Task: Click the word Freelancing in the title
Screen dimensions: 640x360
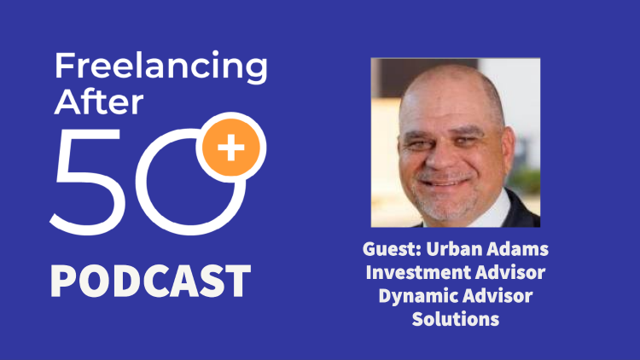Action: tap(160, 67)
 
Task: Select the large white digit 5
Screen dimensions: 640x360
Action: tap(85, 182)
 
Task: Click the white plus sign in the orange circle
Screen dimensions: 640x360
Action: tap(231, 148)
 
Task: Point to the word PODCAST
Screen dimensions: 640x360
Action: tap(150, 281)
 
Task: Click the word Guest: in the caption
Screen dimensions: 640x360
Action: tap(392, 249)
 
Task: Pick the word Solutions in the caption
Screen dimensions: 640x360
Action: tap(456, 319)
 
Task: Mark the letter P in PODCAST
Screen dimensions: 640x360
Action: tap(64, 281)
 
